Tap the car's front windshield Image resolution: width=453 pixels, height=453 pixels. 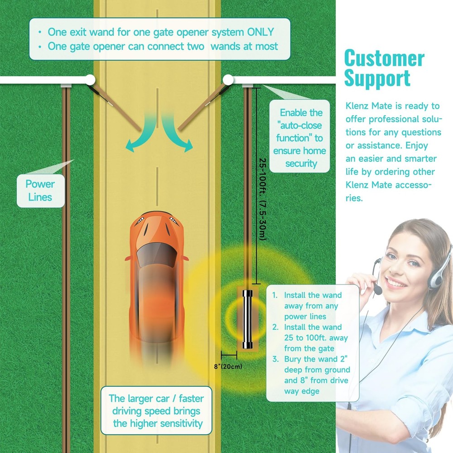(x=157, y=255)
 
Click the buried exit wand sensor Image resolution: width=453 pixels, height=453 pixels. (x=248, y=319)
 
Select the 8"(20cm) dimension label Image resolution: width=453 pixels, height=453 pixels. (x=228, y=366)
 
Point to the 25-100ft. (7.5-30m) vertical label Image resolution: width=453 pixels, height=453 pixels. (x=262, y=199)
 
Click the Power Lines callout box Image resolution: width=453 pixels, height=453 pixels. (x=40, y=191)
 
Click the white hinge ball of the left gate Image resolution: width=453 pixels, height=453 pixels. (x=90, y=80)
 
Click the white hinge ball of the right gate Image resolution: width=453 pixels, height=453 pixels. (x=228, y=80)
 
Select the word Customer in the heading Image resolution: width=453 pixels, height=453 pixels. (x=384, y=58)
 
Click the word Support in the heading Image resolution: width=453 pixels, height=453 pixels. (x=377, y=78)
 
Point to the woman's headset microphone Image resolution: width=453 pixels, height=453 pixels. (x=377, y=289)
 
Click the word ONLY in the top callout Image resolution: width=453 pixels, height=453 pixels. (x=260, y=32)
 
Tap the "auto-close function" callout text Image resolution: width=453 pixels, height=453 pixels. (x=299, y=138)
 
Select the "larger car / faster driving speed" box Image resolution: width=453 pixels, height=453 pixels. (x=156, y=410)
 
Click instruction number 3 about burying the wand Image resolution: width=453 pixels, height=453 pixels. (x=311, y=375)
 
